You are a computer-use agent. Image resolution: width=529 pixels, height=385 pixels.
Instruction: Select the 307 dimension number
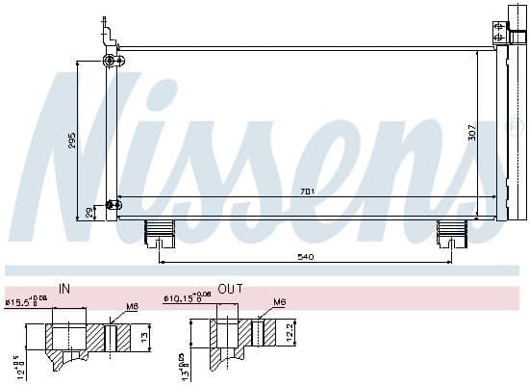tap(471, 133)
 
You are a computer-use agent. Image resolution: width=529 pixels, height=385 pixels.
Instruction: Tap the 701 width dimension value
tap(307, 192)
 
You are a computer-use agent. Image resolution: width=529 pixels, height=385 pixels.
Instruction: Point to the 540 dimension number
tap(306, 257)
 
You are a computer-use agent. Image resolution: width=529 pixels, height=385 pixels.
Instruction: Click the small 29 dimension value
tap(89, 211)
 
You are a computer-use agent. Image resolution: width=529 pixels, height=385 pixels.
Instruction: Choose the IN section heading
tap(64, 288)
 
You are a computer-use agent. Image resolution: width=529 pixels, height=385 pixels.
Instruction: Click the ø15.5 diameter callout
tap(25, 302)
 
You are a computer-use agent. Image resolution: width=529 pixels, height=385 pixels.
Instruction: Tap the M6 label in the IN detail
tap(131, 308)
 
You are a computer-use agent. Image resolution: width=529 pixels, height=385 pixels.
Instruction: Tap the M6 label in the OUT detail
tap(280, 302)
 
